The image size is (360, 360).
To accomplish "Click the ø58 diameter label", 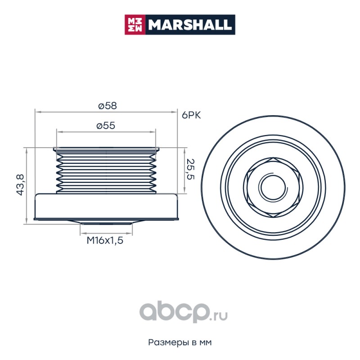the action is pos(108,106).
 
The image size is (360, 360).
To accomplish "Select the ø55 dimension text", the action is pos(106,126).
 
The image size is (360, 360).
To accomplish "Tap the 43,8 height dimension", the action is pos(20,184).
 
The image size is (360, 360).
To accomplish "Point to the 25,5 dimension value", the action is pos(190,169).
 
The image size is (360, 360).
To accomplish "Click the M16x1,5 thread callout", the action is pos(105,240).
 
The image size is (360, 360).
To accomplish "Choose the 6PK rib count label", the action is pos(191,115).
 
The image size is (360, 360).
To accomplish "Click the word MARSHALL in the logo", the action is pos(190,25).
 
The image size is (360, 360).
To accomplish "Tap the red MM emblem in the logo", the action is pos(135,25).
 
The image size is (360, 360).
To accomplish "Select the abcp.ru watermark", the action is pos(184,312).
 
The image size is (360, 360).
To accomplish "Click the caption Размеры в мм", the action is pos(180,342).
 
